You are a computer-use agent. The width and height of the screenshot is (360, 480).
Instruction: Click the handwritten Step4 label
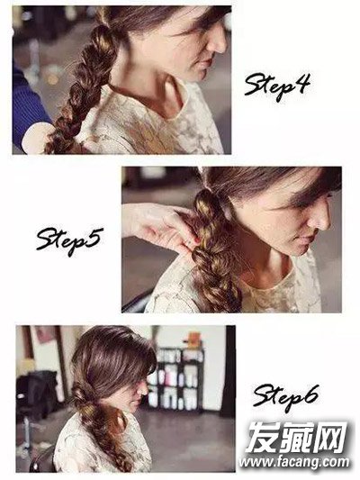tap(277, 86)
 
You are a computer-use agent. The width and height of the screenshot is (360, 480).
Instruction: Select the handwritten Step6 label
tap(285, 397)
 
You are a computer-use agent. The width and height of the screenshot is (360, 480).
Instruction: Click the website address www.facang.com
tap(294, 462)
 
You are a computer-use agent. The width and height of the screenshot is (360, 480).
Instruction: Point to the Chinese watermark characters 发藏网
tap(297, 437)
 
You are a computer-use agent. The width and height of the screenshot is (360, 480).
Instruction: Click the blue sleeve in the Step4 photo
tap(28, 105)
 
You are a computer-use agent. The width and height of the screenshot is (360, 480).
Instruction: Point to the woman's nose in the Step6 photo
tap(144, 389)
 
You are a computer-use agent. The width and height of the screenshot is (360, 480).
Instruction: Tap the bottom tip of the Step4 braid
tap(50, 150)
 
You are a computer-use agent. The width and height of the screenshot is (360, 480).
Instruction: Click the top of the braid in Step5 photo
tap(204, 194)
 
